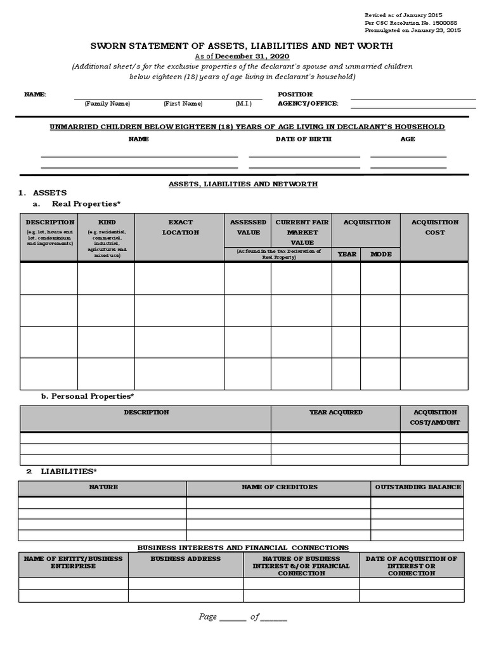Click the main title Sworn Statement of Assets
click(242, 46)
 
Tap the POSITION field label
click(295, 94)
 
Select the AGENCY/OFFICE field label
click(308, 103)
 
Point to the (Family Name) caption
click(107, 103)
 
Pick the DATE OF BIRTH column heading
click(303, 139)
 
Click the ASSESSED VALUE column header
click(248, 227)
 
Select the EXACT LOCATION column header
click(180, 227)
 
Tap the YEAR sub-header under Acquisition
click(347, 254)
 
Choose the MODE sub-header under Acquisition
click(380, 254)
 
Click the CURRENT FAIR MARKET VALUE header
click(302, 232)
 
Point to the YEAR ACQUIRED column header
click(335, 412)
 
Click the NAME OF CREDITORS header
click(279, 487)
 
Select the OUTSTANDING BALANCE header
click(418, 487)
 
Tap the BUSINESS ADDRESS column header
click(186, 558)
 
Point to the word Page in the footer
click(207, 617)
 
